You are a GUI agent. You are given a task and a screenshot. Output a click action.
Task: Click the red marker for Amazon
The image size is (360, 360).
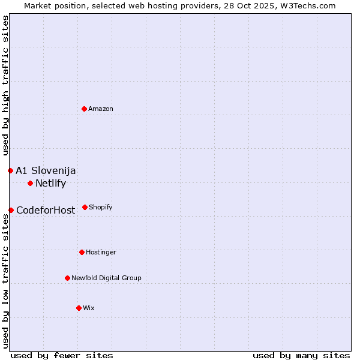(85, 109)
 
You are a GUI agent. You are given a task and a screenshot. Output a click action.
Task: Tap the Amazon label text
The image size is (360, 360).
(101, 109)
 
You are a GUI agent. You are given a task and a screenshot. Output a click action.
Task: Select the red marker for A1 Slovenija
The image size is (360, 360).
(10, 170)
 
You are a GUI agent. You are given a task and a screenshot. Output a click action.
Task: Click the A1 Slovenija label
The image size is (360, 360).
(46, 171)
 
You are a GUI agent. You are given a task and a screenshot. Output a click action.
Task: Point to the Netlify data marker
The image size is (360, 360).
(30, 183)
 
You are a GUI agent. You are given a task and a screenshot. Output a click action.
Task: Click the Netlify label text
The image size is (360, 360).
(50, 184)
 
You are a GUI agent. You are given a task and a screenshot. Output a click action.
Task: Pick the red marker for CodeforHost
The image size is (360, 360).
(11, 210)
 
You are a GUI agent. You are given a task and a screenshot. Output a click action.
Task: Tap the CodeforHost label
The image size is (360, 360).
(46, 211)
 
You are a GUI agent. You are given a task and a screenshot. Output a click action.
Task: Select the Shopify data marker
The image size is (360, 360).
(85, 207)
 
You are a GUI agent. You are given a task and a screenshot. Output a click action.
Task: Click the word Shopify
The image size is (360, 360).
(100, 208)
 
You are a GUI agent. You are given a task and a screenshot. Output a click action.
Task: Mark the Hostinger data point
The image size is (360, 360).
(82, 252)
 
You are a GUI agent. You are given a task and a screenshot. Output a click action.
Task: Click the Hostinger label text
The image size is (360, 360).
(101, 253)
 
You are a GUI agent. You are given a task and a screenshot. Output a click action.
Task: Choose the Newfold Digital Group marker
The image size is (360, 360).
(67, 278)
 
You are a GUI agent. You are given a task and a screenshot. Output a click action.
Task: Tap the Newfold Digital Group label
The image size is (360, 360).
(106, 278)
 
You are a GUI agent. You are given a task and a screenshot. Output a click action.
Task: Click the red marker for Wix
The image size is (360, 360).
(79, 308)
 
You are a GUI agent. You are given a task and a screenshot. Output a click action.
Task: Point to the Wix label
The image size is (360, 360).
(89, 308)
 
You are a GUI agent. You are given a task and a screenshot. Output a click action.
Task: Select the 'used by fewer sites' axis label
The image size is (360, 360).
(62, 355)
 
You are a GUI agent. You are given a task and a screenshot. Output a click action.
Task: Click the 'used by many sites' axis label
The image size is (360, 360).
(301, 355)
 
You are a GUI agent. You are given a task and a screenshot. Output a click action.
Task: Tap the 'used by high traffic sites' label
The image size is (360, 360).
(5, 86)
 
